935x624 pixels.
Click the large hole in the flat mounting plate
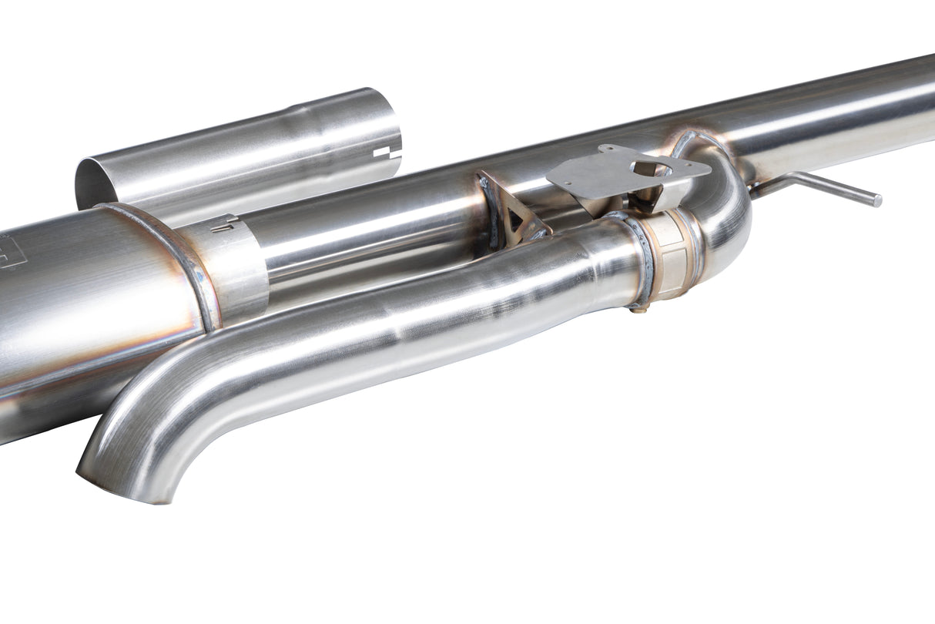(x=649, y=169)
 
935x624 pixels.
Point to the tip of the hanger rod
(x=877, y=201)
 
